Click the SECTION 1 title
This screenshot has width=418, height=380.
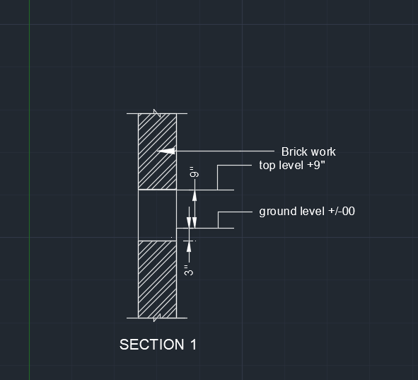coord(158,345)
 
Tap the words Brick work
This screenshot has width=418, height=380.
coord(308,151)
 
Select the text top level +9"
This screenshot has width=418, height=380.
coord(292,165)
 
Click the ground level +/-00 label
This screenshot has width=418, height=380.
coord(307,212)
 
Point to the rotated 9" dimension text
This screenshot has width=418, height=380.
coord(195,172)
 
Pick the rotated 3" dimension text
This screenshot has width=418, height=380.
coord(189,270)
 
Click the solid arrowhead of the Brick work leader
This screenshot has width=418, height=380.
coord(166,151)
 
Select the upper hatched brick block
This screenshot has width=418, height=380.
coord(157,151)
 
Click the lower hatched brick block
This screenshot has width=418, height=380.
coord(157,280)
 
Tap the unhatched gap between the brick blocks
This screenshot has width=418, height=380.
coord(157,215)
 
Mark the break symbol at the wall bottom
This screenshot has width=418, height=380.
coord(157,318)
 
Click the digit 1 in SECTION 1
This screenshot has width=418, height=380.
coord(194,345)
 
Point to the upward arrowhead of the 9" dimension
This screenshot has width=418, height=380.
coord(195,195)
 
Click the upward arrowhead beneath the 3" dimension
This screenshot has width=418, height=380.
coord(189,246)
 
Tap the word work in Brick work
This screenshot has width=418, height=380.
coord(323,151)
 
